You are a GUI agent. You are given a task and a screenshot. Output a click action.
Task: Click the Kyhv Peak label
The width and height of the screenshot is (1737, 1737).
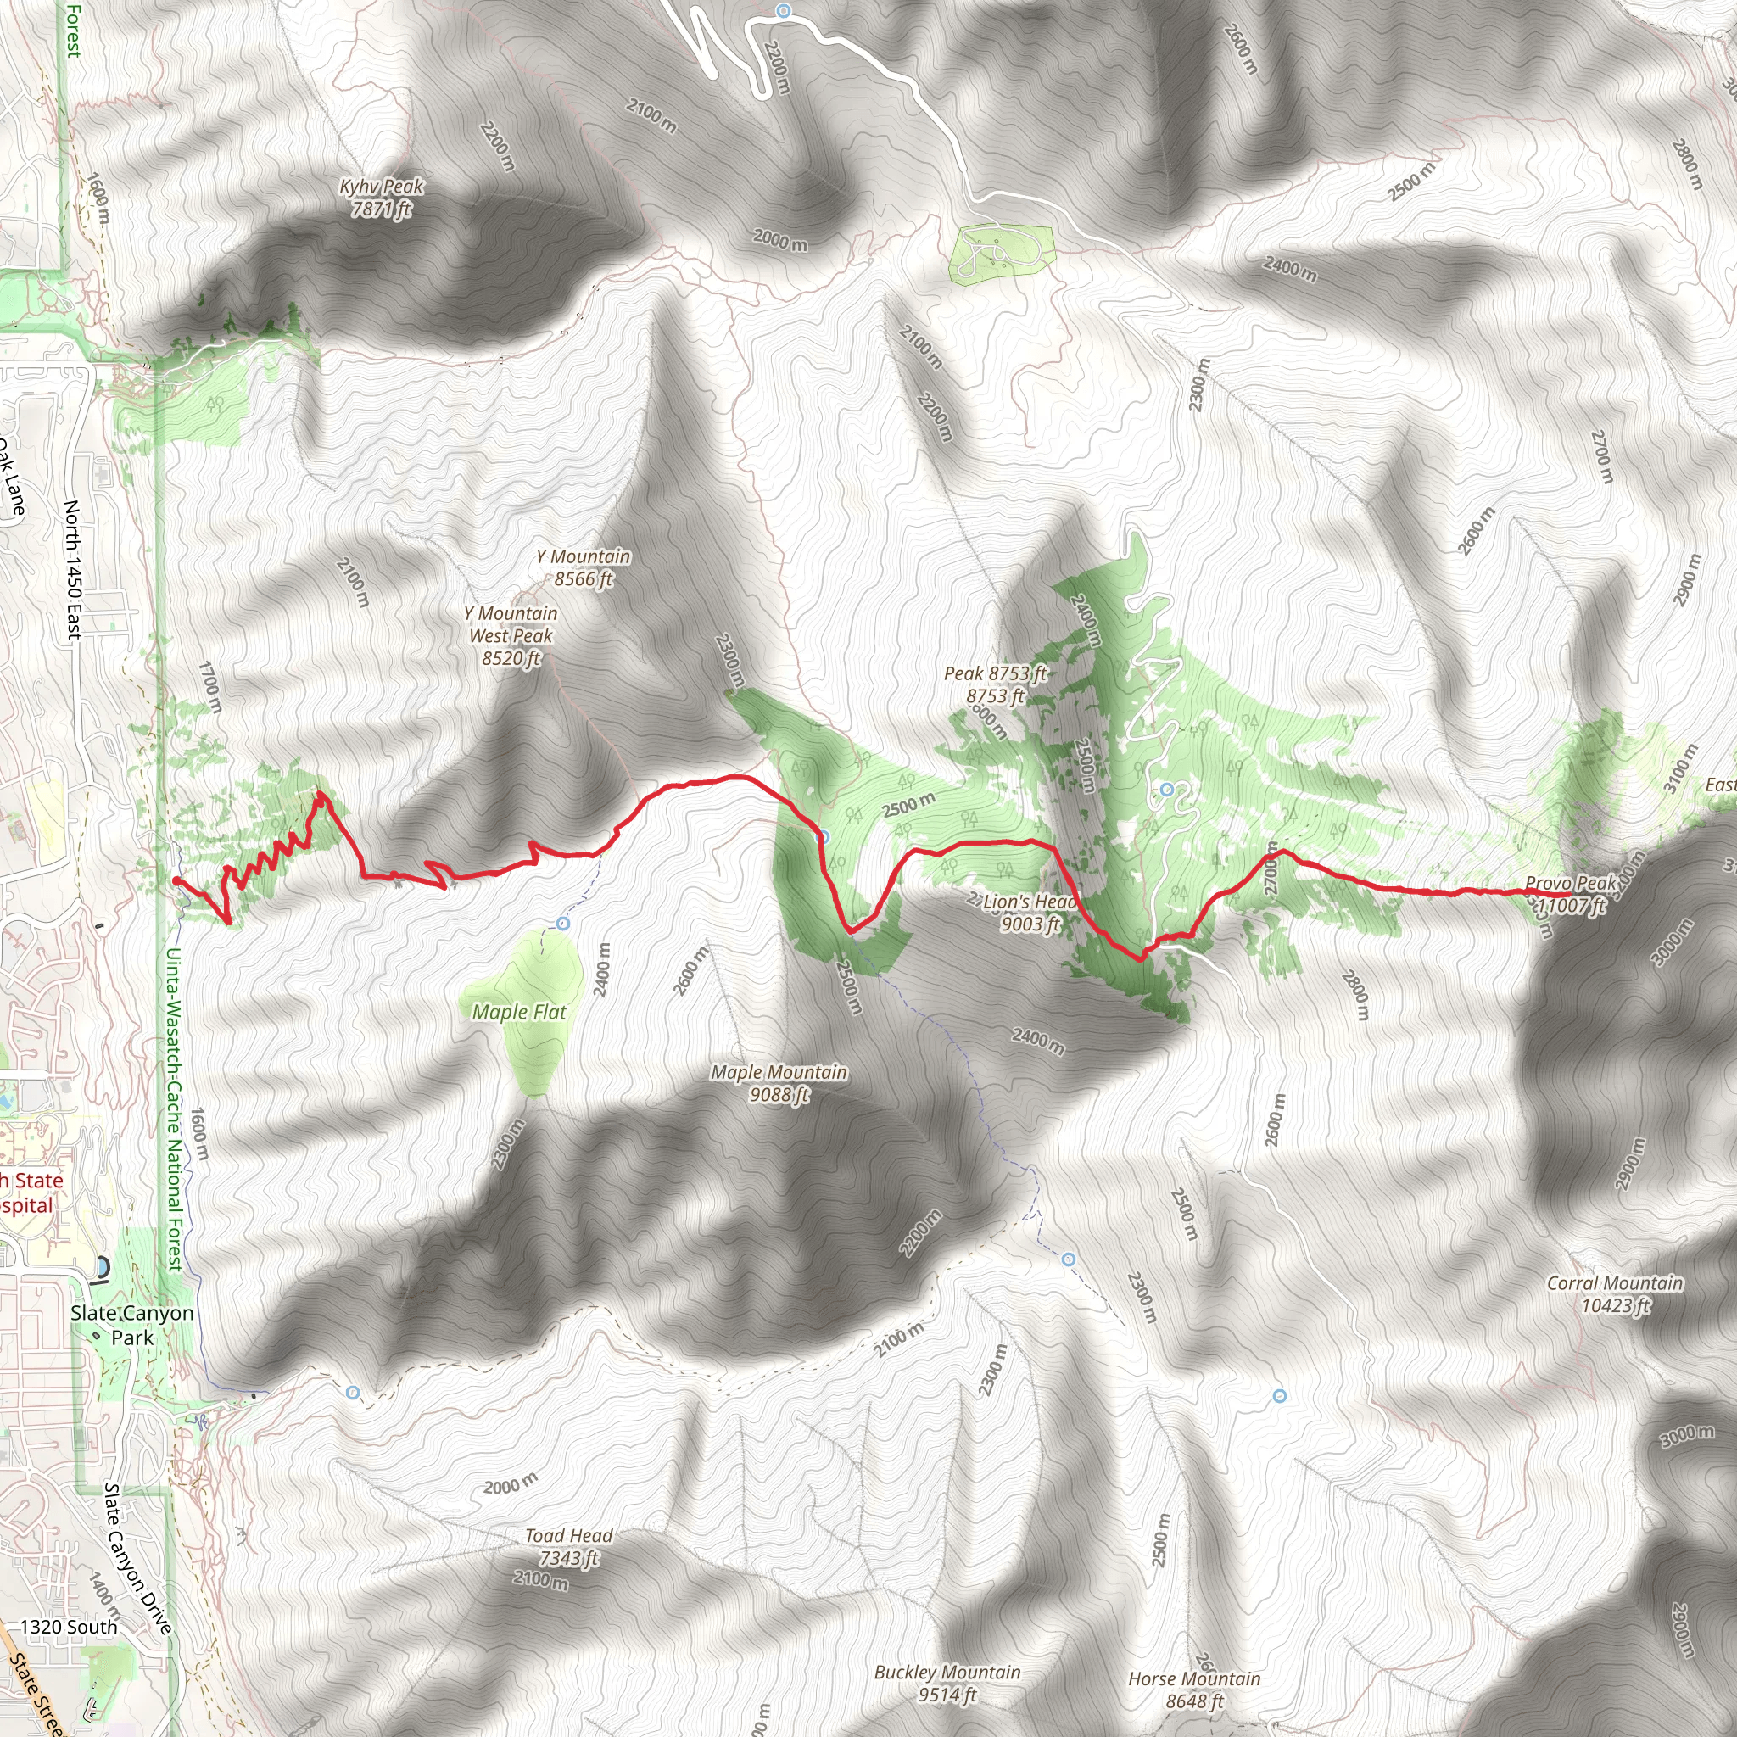pos(381,198)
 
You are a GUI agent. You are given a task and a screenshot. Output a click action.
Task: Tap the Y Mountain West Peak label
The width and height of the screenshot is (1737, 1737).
pos(511,635)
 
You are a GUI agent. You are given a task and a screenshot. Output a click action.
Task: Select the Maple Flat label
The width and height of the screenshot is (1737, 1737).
pos(519,1013)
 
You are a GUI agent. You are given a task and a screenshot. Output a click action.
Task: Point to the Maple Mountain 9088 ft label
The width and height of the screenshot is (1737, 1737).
pos(779,1083)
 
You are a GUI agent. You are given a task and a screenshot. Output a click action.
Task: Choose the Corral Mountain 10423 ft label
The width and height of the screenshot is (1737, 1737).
pos(1615,1294)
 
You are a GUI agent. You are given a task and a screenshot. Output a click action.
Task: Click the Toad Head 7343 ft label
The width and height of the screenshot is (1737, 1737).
pos(568,1547)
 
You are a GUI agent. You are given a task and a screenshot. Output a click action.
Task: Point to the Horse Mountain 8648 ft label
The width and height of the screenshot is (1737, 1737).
pos(1194,1690)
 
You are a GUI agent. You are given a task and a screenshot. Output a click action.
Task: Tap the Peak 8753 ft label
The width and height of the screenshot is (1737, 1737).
pos(995,684)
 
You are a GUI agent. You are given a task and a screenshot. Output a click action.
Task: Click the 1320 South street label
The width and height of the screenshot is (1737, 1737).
pos(69,1627)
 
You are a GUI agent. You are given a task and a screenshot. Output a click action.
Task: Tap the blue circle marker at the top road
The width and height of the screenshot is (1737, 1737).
pos(783,11)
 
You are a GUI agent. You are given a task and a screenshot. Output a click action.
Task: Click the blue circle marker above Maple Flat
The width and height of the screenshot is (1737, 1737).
pos(563,924)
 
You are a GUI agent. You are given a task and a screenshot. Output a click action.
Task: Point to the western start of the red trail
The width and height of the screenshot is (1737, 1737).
pos(176,881)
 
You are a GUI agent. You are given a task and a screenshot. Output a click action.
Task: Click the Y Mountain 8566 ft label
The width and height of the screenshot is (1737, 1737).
pos(584,568)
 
